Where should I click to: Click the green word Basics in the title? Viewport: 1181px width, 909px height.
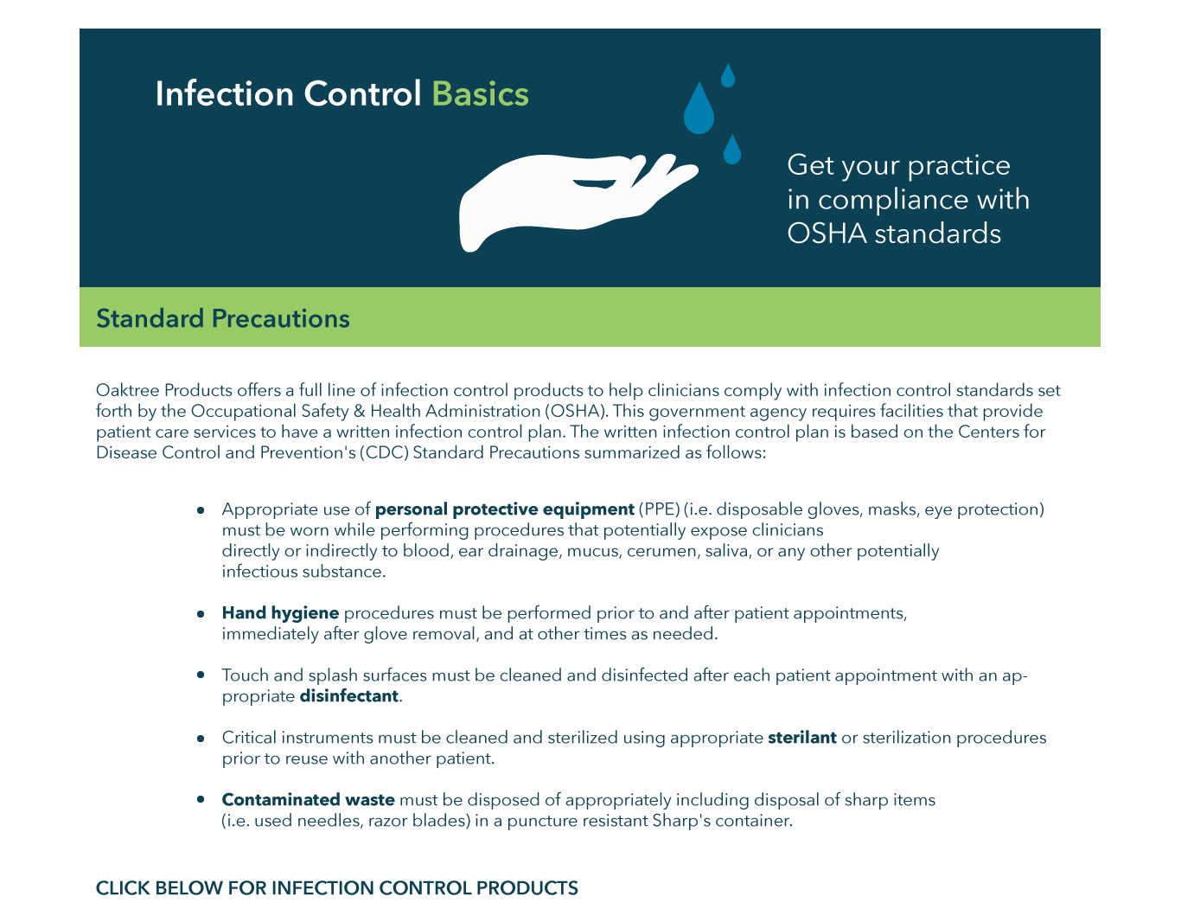tap(480, 94)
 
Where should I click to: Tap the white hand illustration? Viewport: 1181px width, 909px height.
tap(553, 195)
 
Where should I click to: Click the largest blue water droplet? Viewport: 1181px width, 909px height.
tap(699, 110)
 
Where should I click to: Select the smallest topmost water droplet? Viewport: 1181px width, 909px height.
tap(728, 75)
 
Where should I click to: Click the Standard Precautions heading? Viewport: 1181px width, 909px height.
tap(223, 318)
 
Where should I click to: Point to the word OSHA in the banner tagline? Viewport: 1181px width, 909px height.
tap(827, 234)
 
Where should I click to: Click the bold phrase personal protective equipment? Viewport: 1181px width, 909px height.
tap(505, 509)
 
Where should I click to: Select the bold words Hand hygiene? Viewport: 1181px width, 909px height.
tap(280, 613)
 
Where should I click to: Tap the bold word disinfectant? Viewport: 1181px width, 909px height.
tap(349, 696)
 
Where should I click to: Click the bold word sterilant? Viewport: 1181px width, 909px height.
tap(802, 738)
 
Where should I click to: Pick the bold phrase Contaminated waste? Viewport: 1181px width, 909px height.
tap(309, 800)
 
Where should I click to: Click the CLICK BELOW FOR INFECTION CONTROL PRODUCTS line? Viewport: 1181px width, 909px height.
tap(337, 888)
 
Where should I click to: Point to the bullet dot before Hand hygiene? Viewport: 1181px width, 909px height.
tap(201, 614)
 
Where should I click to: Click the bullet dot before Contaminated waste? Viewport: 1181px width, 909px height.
tap(201, 801)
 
